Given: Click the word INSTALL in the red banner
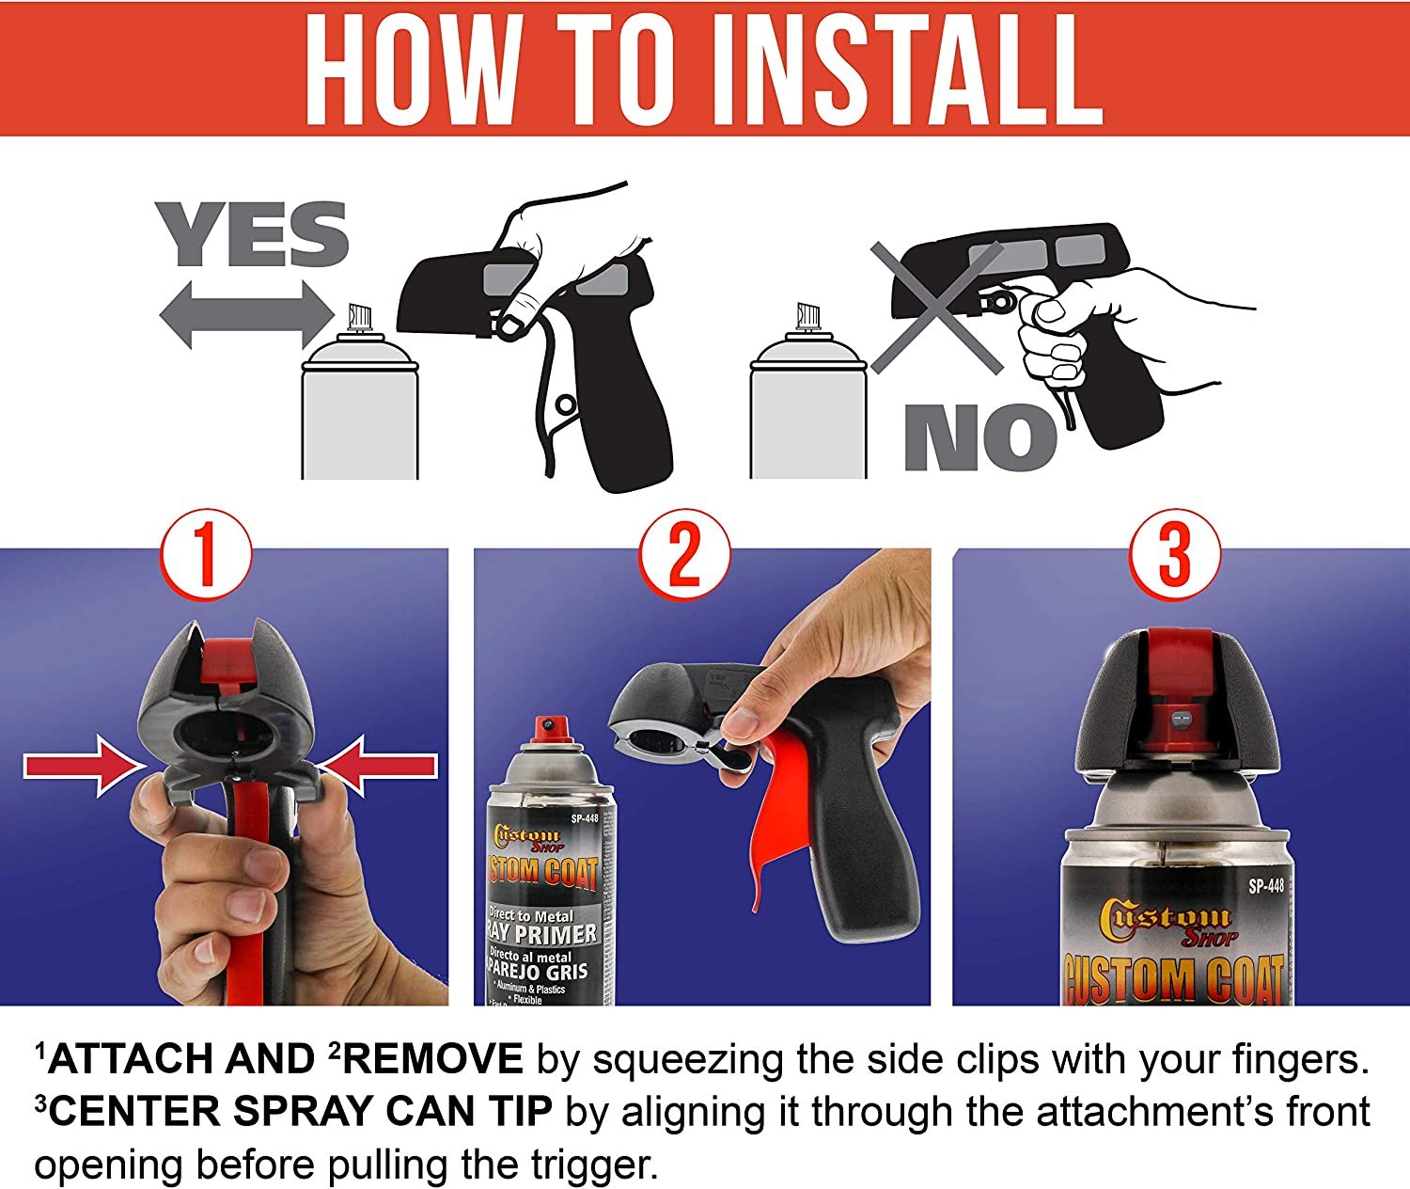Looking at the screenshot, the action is pos(924,69).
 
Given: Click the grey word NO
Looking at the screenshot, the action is pos(981,437).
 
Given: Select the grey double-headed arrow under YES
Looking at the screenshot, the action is pos(246,315).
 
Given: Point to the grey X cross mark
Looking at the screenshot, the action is pos(937,309).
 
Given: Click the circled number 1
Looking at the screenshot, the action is pos(206,554).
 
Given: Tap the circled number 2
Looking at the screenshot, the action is pos(684,554).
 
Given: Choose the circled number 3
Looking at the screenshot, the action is pos(1174,554).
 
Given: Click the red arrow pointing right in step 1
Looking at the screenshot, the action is pos(85,766).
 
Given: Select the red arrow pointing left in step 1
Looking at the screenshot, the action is pos(378,766).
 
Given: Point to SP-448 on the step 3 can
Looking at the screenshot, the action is pos(1266,885).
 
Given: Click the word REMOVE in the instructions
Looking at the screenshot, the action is pos(432,1058).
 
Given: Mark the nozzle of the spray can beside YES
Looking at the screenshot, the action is pos(360,316).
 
